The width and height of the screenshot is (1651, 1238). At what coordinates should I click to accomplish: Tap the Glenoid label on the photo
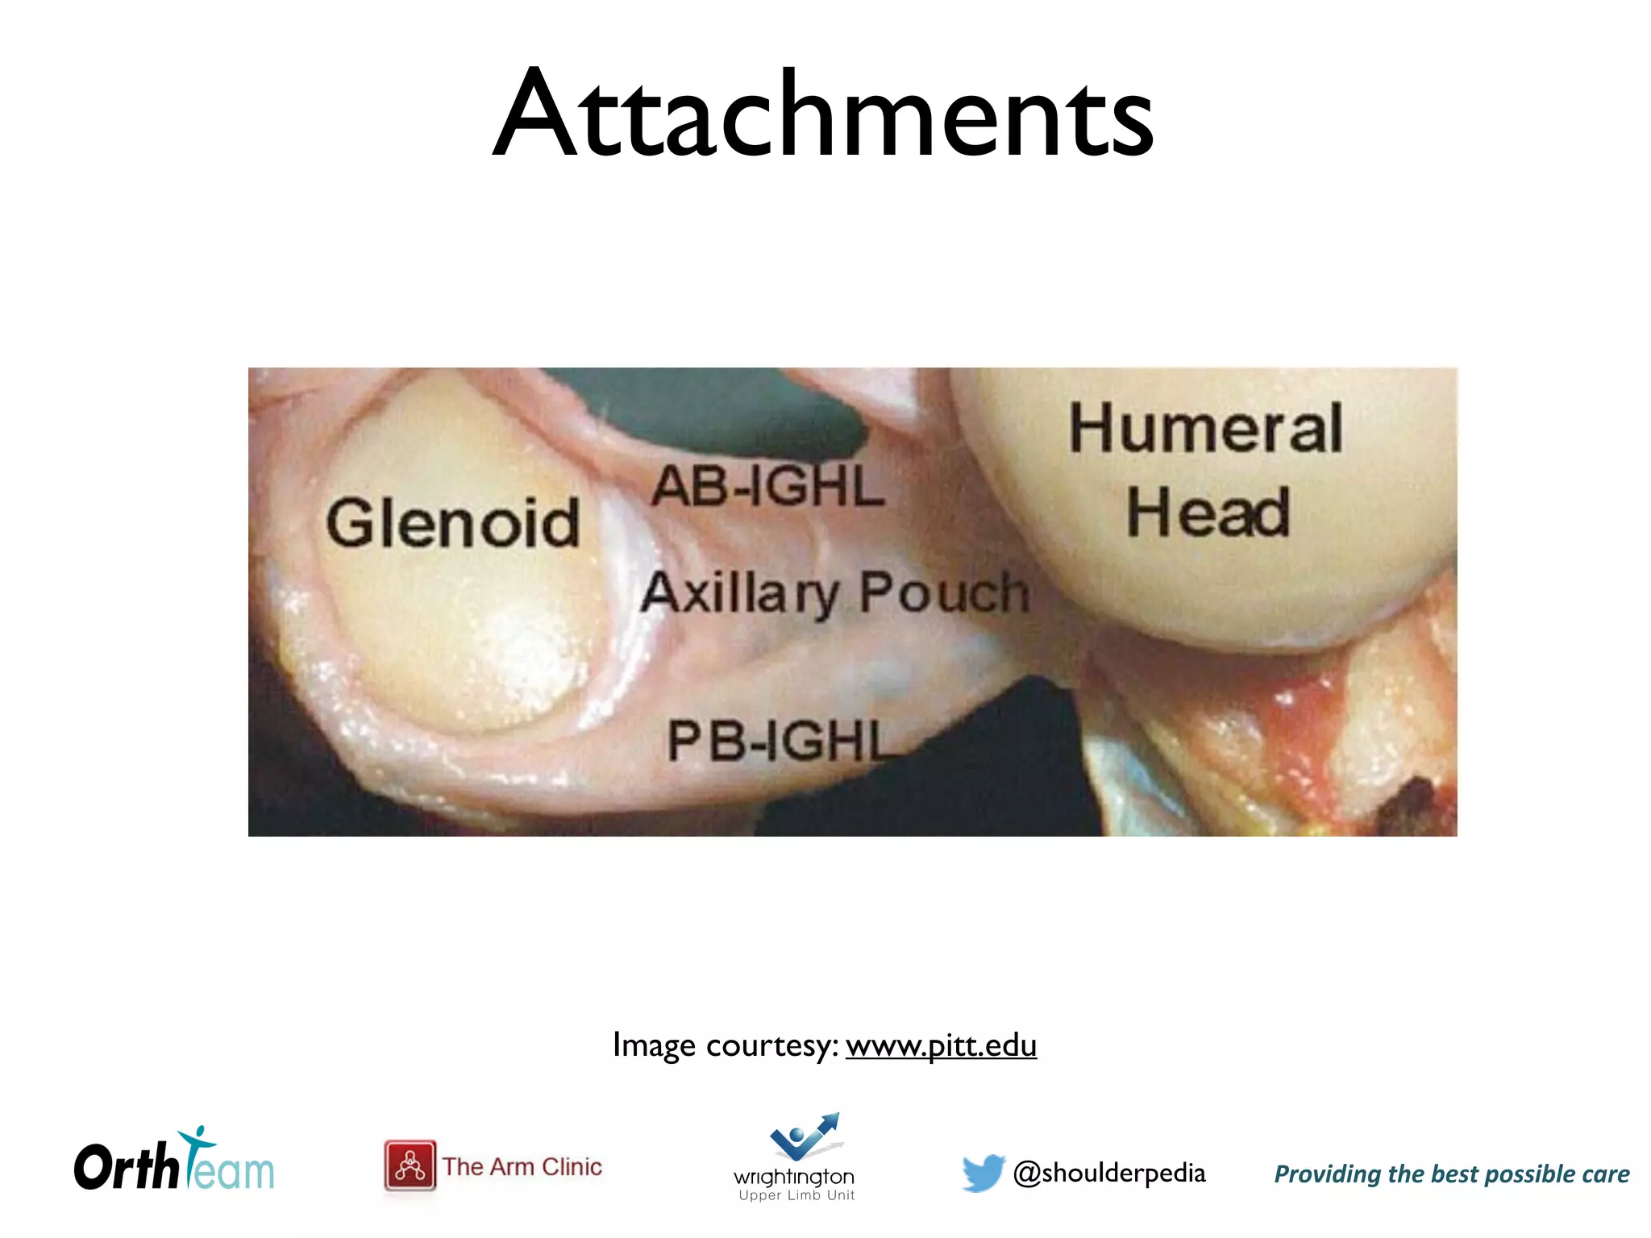click(x=452, y=523)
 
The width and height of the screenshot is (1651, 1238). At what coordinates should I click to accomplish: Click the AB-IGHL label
click(x=767, y=487)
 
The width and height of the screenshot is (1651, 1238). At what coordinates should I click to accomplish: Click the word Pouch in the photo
click(x=944, y=592)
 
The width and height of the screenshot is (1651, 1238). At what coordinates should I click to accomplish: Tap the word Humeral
click(x=1205, y=428)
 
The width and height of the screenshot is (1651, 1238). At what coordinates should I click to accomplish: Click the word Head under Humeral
click(x=1208, y=513)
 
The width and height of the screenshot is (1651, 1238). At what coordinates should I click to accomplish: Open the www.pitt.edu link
click(x=941, y=1045)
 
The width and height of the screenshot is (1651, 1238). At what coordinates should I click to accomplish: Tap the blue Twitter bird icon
click(x=983, y=1173)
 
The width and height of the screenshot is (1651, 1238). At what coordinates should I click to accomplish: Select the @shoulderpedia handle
click(x=1109, y=1173)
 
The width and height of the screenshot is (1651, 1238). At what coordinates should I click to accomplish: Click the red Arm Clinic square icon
click(x=410, y=1165)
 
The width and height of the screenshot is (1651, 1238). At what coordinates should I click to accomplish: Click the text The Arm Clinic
click(x=522, y=1166)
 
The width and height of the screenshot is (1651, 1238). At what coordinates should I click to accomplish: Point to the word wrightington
click(x=794, y=1177)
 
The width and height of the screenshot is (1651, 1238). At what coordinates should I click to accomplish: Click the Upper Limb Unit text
click(x=796, y=1195)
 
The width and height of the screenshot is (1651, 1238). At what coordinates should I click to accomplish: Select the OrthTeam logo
click(x=174, y=1163)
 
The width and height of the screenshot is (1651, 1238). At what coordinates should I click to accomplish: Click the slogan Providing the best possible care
click(x=1451, y=1174)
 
